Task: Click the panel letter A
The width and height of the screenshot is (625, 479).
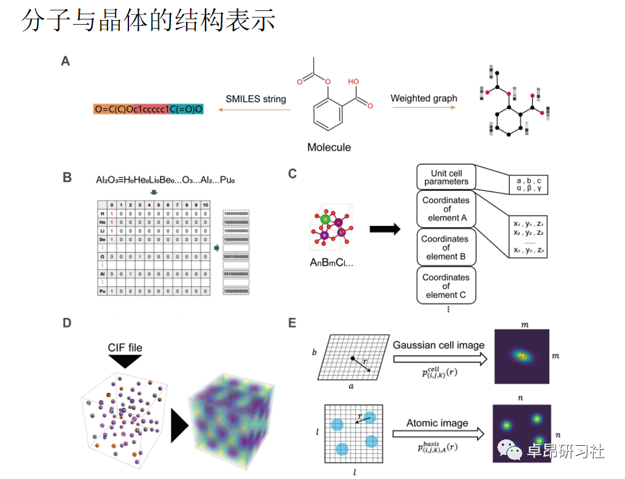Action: point(65,62)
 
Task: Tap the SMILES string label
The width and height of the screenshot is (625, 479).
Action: point(255,99)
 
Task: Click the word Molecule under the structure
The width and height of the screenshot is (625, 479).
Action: point(329,147)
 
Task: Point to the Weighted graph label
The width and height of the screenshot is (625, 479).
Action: point(423,99)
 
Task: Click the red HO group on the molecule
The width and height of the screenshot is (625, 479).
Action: point(353,82)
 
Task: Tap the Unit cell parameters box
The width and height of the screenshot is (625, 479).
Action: point(447,177)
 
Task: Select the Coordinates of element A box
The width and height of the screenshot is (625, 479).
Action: point(447,209)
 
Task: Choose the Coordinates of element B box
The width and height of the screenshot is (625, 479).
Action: point(446,247)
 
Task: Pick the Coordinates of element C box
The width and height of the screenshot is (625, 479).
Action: point(446,286)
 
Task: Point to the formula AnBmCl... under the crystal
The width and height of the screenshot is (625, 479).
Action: point(331,263)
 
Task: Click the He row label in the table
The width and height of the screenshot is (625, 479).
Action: point(102,222)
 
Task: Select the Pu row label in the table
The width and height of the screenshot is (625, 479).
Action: point(102,292)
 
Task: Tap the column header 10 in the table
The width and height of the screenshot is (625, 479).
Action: point(205,205)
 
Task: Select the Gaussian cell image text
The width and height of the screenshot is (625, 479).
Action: point(438,345)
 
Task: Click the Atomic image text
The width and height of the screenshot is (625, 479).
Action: point(437,423)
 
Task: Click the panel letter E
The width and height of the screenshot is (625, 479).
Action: point(292,322)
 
